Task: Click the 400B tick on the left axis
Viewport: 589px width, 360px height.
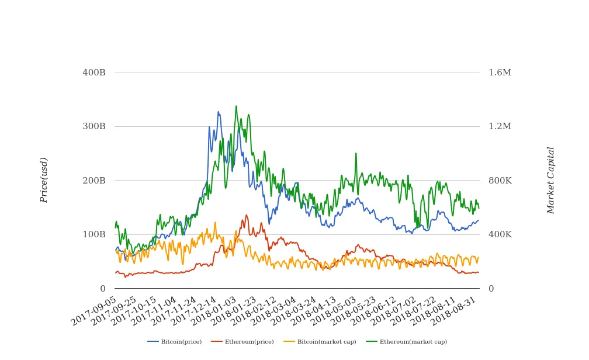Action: tap(93, 72)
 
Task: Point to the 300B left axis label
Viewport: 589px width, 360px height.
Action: tap(93, 126)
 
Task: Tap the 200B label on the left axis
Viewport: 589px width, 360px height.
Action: tap(93, 181)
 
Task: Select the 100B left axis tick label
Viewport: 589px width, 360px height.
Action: tap(93, 234)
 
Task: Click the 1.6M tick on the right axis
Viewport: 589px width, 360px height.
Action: tap(500, 72)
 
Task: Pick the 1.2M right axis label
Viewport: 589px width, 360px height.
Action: tap(500, 126)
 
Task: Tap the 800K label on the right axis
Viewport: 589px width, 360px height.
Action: tap(500, 181)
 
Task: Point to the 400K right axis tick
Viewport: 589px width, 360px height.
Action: tap(500, 234)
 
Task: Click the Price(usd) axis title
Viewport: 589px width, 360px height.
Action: tap(44, 180)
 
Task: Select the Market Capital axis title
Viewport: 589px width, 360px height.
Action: tap(550, 180)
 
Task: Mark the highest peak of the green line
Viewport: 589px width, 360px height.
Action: tap(236, 106)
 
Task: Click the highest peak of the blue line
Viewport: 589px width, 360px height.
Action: tap(218, 112)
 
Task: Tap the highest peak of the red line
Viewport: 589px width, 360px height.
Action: tap(246, 215)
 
